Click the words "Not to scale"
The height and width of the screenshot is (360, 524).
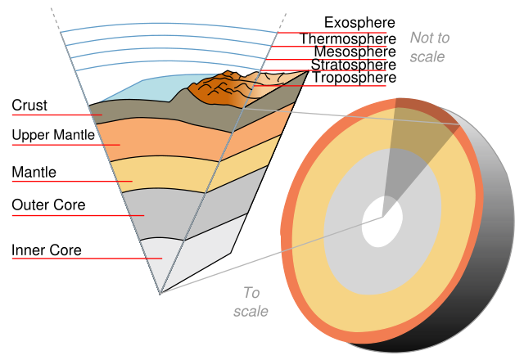point(429,47)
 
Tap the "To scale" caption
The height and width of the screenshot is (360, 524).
point(251,302)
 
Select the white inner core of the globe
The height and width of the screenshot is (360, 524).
point(382,222)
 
